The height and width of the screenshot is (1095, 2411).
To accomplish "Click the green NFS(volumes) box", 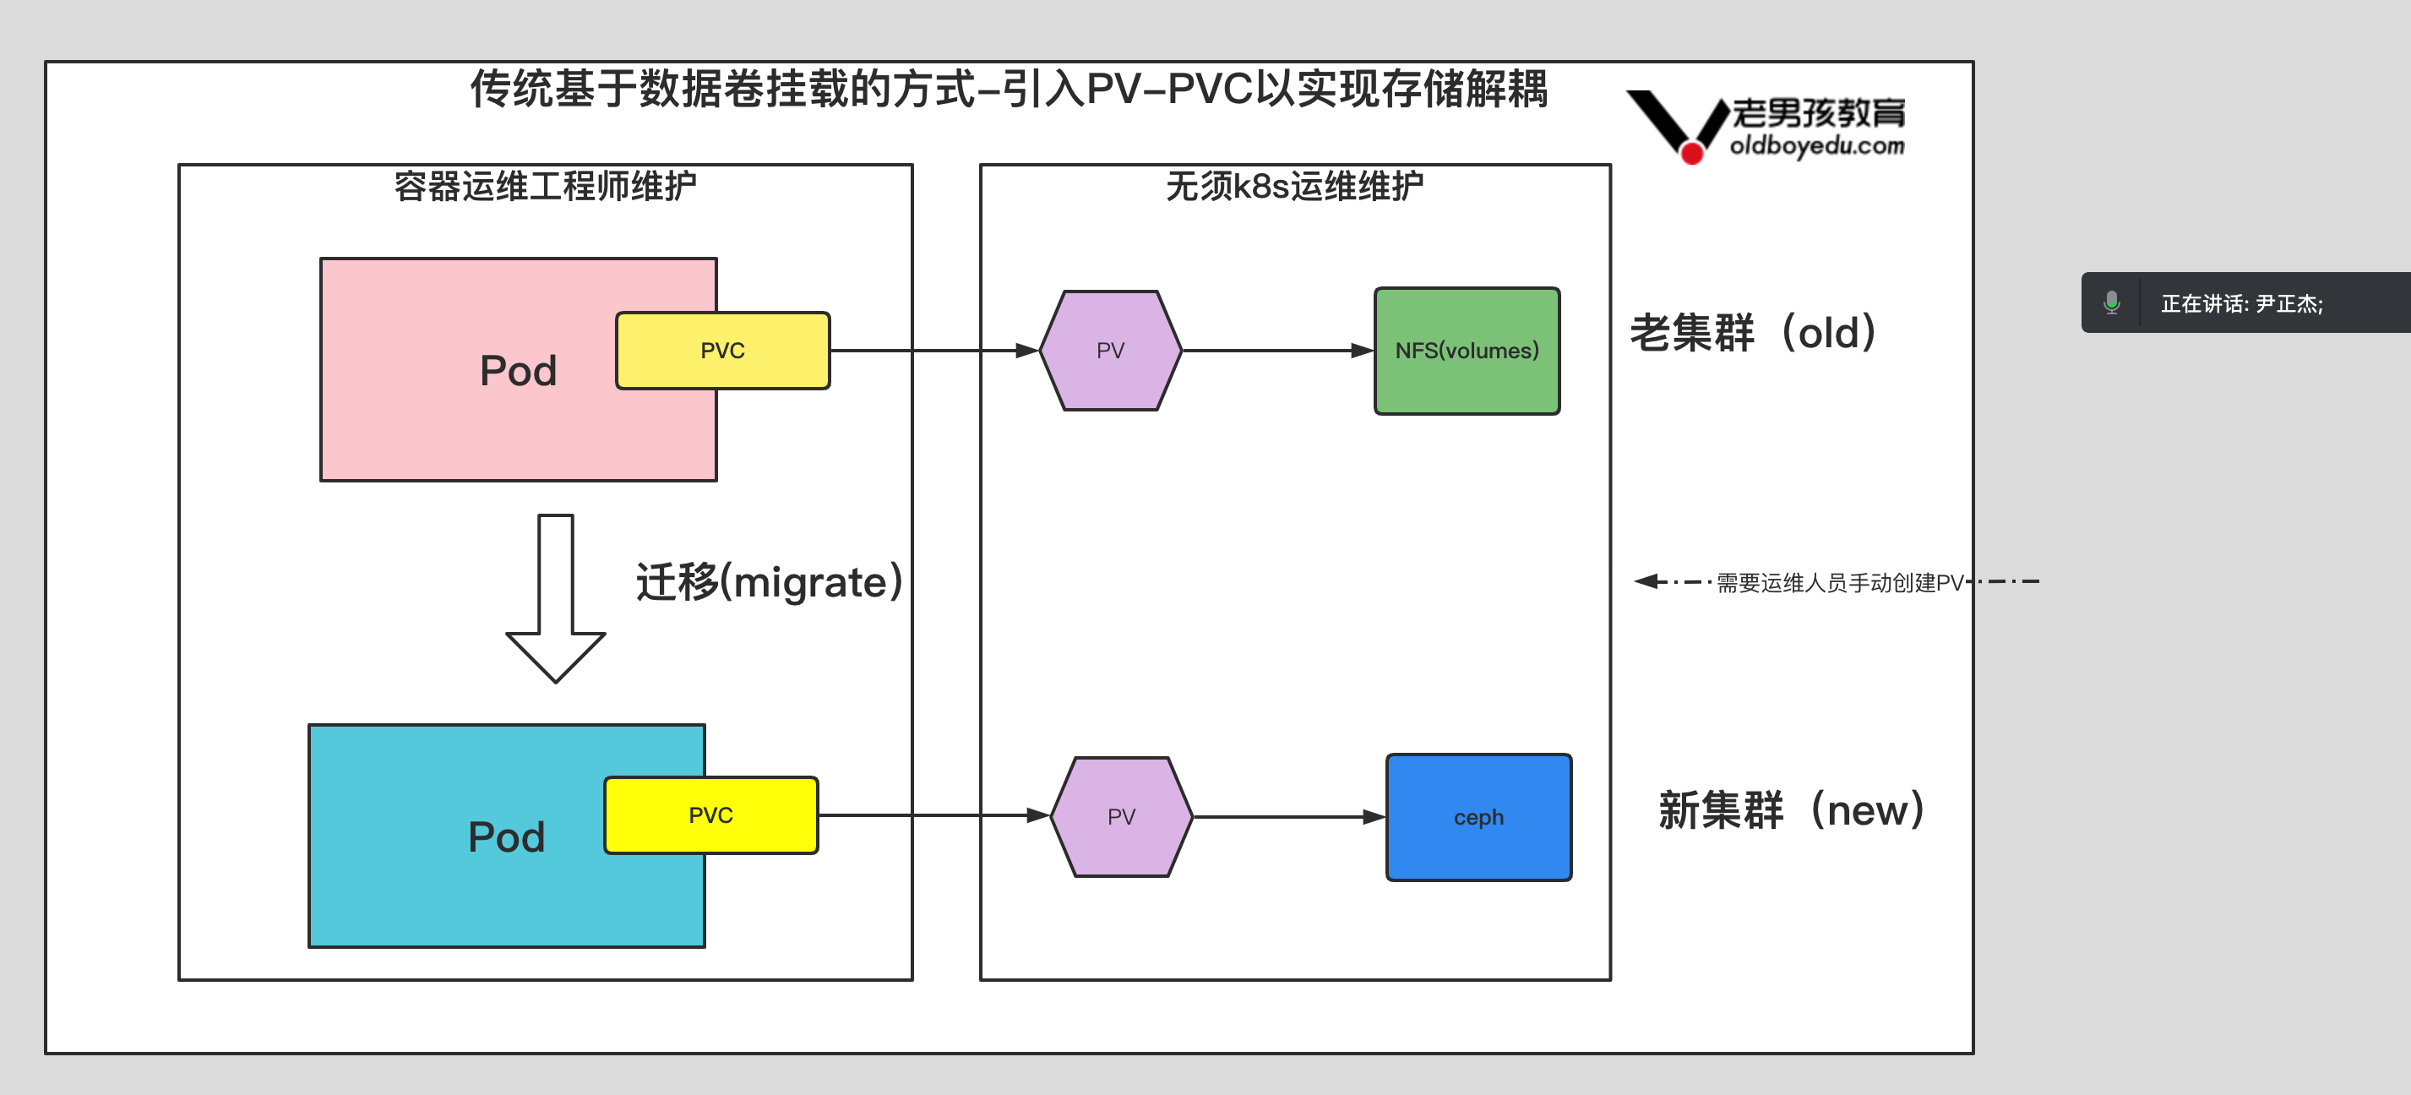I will tap(1467, 351).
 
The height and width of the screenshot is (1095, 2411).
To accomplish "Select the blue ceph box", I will tap(1479, 817).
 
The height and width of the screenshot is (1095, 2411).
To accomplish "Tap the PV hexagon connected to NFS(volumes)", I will tap(1110, 351).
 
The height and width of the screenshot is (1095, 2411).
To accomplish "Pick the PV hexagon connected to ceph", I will tap(1121, 817).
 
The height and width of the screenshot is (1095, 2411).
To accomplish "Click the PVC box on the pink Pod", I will tap(722, 351).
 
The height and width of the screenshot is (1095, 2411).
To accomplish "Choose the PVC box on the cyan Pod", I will tap(710, 815).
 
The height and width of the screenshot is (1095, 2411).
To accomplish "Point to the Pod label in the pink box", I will tap(518, 372).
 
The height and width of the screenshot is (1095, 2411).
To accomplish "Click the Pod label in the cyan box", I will tap(506, 836).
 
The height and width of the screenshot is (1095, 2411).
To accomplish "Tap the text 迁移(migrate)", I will tap(770, 582).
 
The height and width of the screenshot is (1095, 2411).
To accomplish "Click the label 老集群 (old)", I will tap(1753, 333).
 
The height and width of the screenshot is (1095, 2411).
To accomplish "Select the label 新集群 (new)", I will tap(1790, 809).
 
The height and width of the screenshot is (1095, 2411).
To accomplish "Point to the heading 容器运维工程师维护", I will tap(545, 186).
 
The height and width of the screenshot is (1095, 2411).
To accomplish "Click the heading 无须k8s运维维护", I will tap(1294, 186).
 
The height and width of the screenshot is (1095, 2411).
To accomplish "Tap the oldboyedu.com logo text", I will tap(1816, 146).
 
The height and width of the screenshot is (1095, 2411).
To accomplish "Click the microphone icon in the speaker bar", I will tap(2111, 302).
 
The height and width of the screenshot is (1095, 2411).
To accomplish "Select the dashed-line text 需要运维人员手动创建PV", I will tap(1839, 583).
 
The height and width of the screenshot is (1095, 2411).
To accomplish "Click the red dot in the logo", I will tap(1692, 153).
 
